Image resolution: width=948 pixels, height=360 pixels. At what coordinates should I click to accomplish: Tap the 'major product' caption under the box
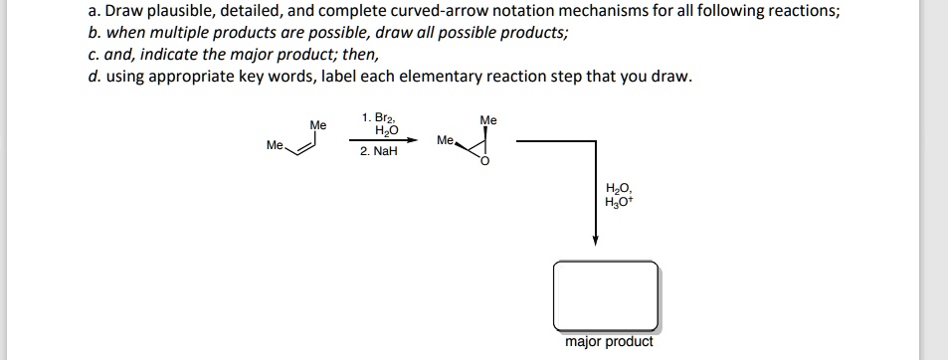pyautogui.click(x=609, y=342)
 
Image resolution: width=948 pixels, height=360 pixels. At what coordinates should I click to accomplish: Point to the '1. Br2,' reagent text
pyautogui.click(x=378, y=118)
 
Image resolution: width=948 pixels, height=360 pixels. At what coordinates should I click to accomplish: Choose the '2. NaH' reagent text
pyautogui.click(x=378, y=152)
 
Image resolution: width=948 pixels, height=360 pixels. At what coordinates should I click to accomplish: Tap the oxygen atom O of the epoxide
pyautogui.click(x=485, y=163)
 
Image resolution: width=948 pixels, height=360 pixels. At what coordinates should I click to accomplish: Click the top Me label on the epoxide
pyautogui.click(x=488, y=120)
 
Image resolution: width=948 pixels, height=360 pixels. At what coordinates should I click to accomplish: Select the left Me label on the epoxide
pyautogui.click(x=445, y=140)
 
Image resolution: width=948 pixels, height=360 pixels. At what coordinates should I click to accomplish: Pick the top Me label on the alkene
pyautogui.click(x=317, y=125)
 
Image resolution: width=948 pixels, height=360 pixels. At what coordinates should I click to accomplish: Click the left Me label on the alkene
pyautogui.click(x=275, y=145)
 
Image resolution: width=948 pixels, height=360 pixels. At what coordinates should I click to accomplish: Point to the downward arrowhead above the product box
pyautogui.click(x=595, y=242)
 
